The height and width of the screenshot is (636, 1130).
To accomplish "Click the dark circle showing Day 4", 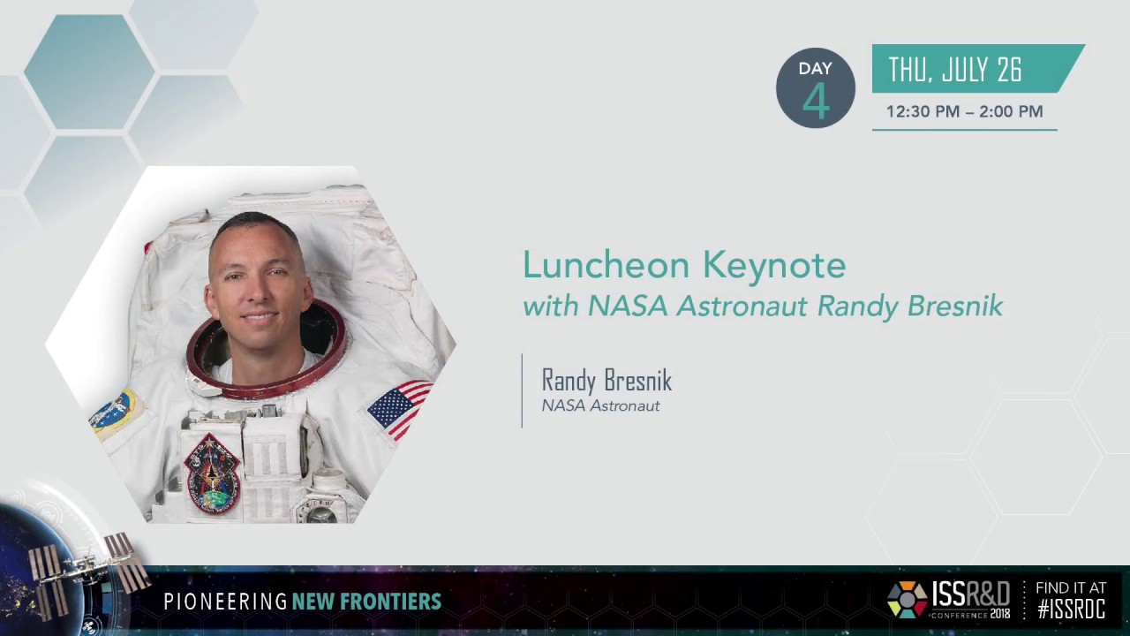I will [x=815, y=88].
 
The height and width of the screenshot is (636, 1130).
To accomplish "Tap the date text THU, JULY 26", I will [x=954, y=70].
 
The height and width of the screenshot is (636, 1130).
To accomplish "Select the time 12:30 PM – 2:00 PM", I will [x=964, y=111].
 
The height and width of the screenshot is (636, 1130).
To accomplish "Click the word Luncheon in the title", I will [x=605, y=265].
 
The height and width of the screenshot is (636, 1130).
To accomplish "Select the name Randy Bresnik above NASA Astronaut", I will [x=606, y=381].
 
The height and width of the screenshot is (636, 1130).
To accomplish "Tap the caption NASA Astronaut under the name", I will [x=600, y=405].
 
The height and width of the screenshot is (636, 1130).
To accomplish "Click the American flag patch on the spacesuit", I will [x=399, y=407].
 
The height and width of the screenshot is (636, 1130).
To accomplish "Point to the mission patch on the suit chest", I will [x=211, y=473].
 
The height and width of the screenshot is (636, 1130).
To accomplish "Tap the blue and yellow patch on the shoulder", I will [x=113, y=413].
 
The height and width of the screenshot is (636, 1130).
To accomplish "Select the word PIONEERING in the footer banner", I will [x=225, y=602].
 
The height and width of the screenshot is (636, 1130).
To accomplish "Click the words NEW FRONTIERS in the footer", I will [x=366, y=602].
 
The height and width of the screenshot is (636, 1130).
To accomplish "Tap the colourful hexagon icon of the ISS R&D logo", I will [x=907, y=600].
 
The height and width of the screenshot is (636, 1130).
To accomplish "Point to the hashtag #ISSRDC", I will [x=1071, y=609].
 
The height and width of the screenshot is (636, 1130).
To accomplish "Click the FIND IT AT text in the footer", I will [x=1070, y=587].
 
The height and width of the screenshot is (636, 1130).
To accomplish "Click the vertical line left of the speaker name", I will [x=522, y=391].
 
